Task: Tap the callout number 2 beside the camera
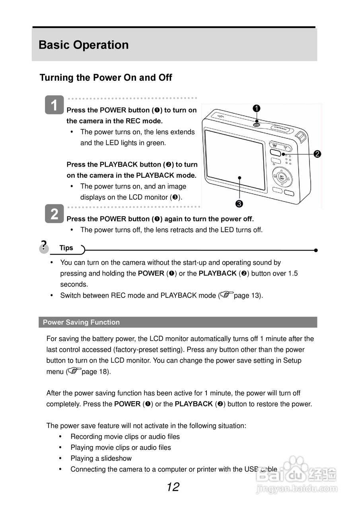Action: pos(317,154)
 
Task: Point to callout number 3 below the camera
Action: pos(239,204)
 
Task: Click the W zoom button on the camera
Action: pos(275,146)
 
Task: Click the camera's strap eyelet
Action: pos(301,137)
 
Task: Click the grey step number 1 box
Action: pos(54,105)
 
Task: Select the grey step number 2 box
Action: pos(54,214)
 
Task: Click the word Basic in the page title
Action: pos(54,45)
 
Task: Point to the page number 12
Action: pos(173,487)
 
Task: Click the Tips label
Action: pos(66,248)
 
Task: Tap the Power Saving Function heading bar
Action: pos(178,322)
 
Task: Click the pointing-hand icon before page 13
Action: pos(226,295)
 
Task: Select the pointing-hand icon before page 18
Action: pos(74,371)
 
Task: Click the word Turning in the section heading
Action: pos(56,78)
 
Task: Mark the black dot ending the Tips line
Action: pos(315,251)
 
